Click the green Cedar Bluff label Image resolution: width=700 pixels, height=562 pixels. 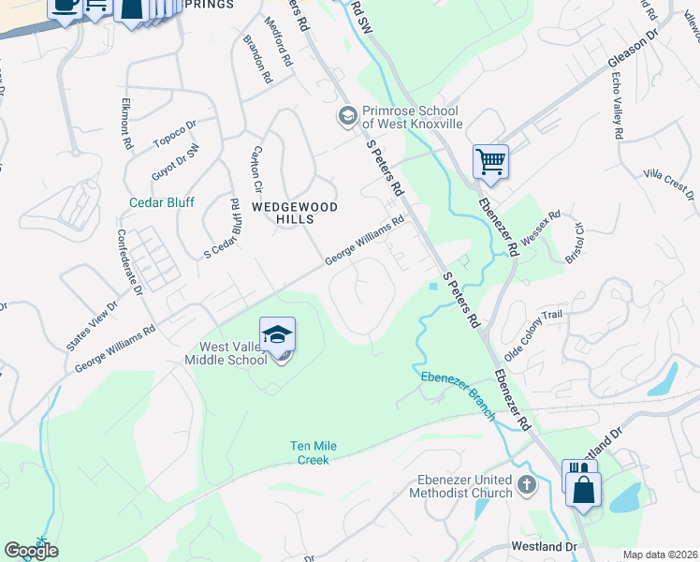click(161, 202)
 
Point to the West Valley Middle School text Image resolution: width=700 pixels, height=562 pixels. click(226, 352)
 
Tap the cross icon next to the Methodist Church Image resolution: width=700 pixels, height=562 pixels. click(527, 485)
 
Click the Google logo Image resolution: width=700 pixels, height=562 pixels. click(31, 551)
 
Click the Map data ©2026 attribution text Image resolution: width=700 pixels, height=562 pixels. click(659, 555)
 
